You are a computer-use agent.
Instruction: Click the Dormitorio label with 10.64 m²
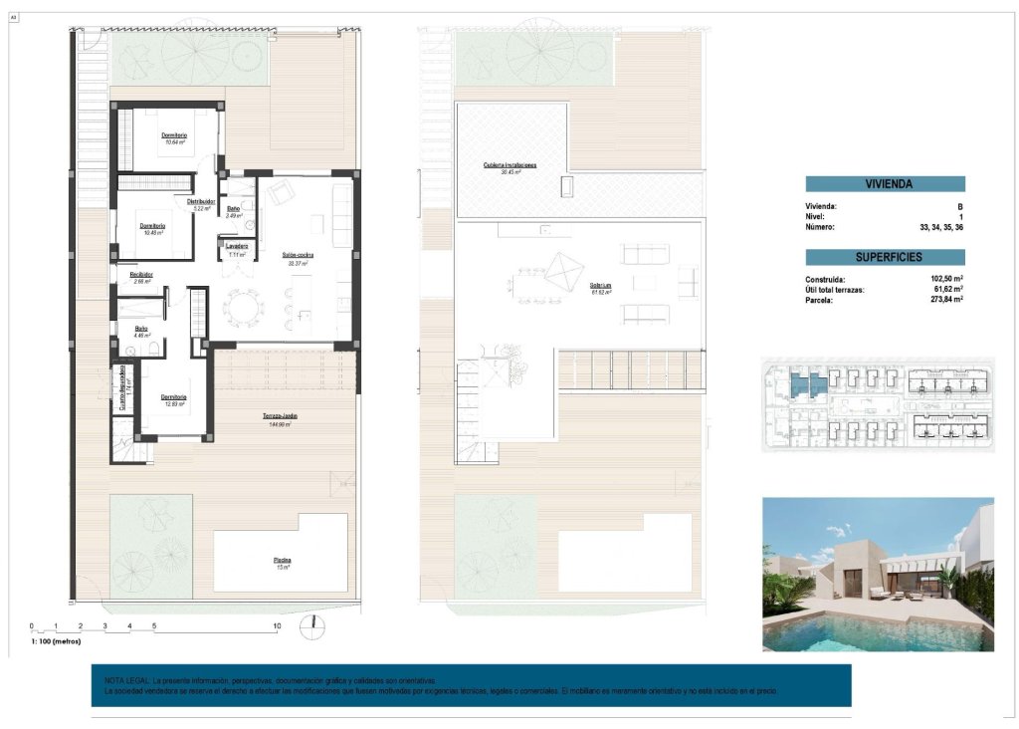pyautogui.click(x=175, y=135)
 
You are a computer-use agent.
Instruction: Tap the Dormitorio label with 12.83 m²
pyautogui.click(x=174, y=397)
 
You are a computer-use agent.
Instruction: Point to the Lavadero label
pyautogui.click(x=236, y=245)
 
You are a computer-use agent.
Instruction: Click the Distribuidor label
pyautogui.click(x=202, y=202)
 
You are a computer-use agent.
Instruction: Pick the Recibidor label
pyautogui.click(x=140, y=274)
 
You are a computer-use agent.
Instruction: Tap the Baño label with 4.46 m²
pyautogui.click(x=142, y=329)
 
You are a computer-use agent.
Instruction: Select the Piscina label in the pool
pyautogui.click(x=283, y=560)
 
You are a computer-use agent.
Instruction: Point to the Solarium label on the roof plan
pyautogui.click(x=599, y=285)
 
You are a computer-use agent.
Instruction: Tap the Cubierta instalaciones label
pyautogui.click(x=510, y=164)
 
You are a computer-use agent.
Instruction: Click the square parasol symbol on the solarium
pyautogui.click(x=563, y=271)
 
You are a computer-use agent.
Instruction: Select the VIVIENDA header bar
pyautogui.click(x=885, y=184)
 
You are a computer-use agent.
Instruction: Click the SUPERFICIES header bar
pyautogui.click(x=885, y=257)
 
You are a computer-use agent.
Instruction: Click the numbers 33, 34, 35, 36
pyautogui.click(x=941, y=227)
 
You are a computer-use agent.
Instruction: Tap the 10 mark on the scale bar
pyautogui.click(x=277, y=625)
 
